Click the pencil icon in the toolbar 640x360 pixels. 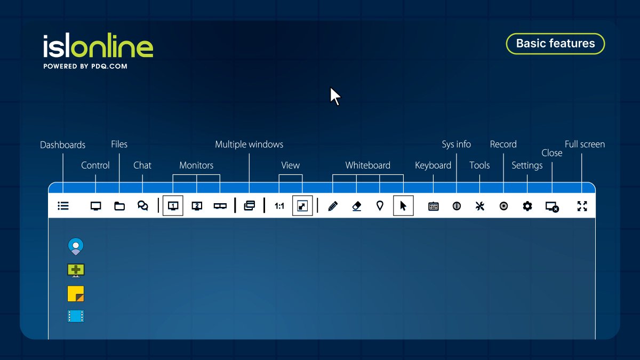coord(333,206)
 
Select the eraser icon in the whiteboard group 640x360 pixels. coord(357,206)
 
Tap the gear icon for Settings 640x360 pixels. coord(527,206)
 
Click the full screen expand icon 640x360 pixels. coord(582,206)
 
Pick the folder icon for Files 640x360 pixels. coord(119,206)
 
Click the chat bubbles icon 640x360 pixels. coord(143,206)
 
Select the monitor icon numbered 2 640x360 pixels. coord(197,206)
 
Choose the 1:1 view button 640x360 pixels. coord(279,206)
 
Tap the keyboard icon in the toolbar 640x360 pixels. coord(433,206)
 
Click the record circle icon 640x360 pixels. coord(503,206)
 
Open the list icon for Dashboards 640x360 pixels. coord(63,206)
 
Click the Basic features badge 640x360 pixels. coord(555,44)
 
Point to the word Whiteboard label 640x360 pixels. coord(367,165)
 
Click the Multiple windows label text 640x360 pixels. coord(249,145)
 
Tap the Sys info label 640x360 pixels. coord(456,145)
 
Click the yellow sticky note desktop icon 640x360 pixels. coord(76,294)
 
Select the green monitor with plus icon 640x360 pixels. coord(76,270)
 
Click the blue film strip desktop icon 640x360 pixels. coord(76,317)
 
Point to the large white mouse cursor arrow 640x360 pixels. coord(335,97)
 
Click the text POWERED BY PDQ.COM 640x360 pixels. coord(85,67)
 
